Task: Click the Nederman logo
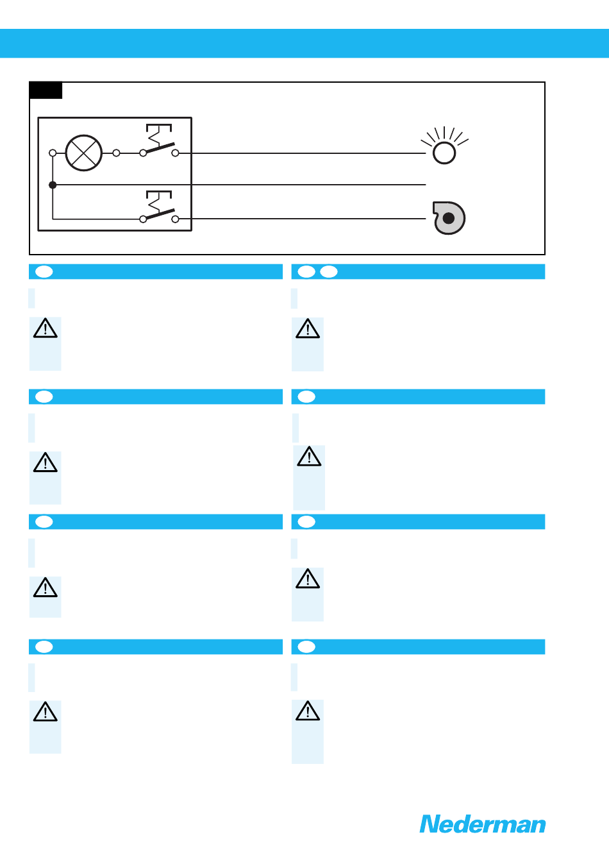pos(482,824)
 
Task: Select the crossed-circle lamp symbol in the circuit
pos(84,153)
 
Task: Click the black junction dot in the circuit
pos(53,185)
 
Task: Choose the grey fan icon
pos(449,218)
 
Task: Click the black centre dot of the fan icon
pos(449,218)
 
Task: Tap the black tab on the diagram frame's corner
pos(46,90)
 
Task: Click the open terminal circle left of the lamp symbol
pos(53,153)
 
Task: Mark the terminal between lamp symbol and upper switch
pos(116,153)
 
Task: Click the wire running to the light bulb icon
pos(301,153)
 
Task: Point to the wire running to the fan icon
pos(301,219)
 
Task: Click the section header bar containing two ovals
pos(418,272)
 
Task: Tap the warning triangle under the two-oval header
pos(308,329)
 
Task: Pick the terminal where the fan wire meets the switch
pos(175,219)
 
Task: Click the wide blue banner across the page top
pos(304,43)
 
